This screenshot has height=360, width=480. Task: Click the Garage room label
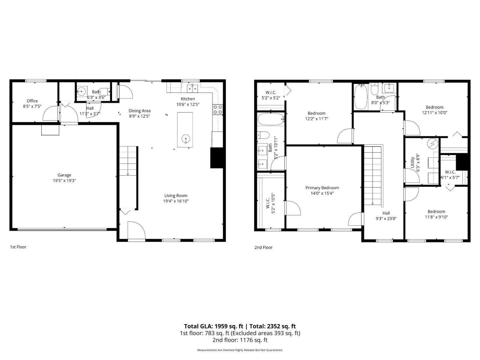[x=64, y=175]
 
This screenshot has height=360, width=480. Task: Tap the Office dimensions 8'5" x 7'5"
[x=32, y=107]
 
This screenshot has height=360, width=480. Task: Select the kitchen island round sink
[x=186, y=138]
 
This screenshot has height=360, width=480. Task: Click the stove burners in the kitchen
[x=218, y=109]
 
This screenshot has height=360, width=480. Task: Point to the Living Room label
[x=176, y=196]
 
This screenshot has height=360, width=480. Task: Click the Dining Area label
[x=140, y=111]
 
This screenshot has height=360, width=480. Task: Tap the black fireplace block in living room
[x=217, y=158]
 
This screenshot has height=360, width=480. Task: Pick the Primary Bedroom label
[x=322, y=188]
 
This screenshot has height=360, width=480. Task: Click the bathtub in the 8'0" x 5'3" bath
[x=361, y=97]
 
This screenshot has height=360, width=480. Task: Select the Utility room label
[x=412, y=162]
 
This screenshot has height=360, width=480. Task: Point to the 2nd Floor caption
[x=263, y=247]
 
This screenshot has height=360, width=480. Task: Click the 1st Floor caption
[x=18, y=247]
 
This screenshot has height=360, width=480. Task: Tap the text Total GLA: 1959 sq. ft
[x=213, y=326]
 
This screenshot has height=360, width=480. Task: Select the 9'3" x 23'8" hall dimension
[x=386, y=219]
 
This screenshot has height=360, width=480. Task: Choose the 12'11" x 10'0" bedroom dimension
[x=435, y=113]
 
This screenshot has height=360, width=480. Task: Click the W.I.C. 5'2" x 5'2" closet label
[x=271, y=95]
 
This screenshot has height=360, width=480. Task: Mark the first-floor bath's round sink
[x=82, y=91]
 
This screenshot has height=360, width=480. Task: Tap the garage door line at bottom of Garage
[x=62, y=229]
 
